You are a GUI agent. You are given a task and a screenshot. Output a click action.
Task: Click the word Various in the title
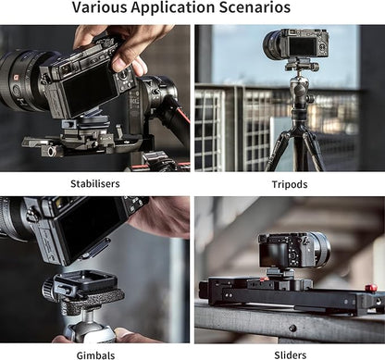tap(99, 7)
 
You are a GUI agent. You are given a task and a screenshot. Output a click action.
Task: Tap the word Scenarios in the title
tap(255, 7)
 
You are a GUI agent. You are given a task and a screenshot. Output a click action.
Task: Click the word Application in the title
tap(173, 8)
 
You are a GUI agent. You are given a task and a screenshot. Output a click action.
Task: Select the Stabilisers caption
tap(95, 184)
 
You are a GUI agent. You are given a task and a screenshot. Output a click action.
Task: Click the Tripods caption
tap(290, 184)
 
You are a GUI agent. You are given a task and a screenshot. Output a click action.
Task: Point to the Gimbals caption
tap(95, 355)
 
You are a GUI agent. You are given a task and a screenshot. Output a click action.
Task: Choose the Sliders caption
tap(291, 355)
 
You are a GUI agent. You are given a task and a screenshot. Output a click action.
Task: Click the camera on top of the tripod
tap(295, 44)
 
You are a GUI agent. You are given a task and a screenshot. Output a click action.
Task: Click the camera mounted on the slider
tap(293, 251)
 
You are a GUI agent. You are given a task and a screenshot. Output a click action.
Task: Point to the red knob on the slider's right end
tap(371, 289)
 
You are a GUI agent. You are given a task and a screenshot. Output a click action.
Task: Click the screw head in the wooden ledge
tap(292, 329)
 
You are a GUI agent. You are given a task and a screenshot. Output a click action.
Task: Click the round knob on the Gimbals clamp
tap(48, 289)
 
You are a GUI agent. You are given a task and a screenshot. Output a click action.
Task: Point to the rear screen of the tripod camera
tap(303, 46)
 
